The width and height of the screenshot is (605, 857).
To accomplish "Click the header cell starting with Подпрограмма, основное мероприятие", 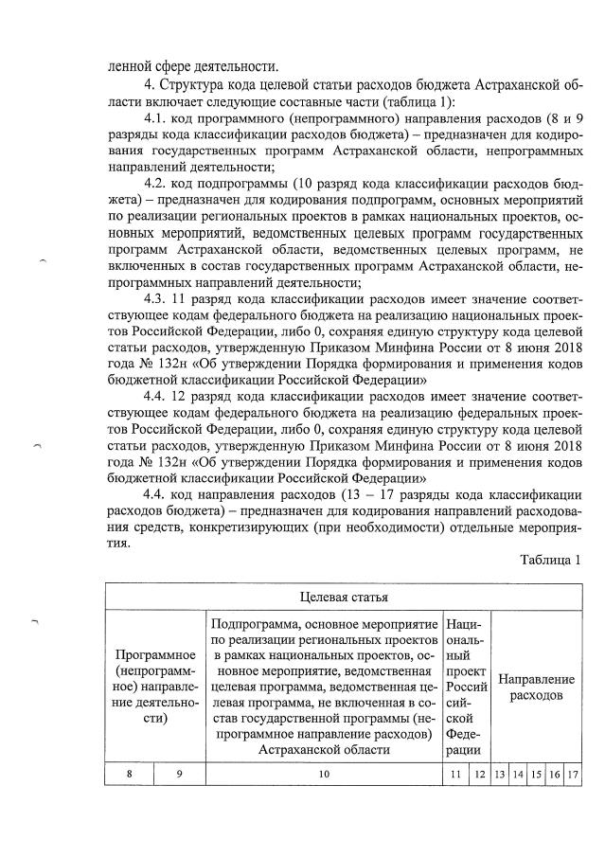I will [x=324, y=687].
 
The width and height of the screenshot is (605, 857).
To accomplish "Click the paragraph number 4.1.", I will [x=154, y=119].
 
